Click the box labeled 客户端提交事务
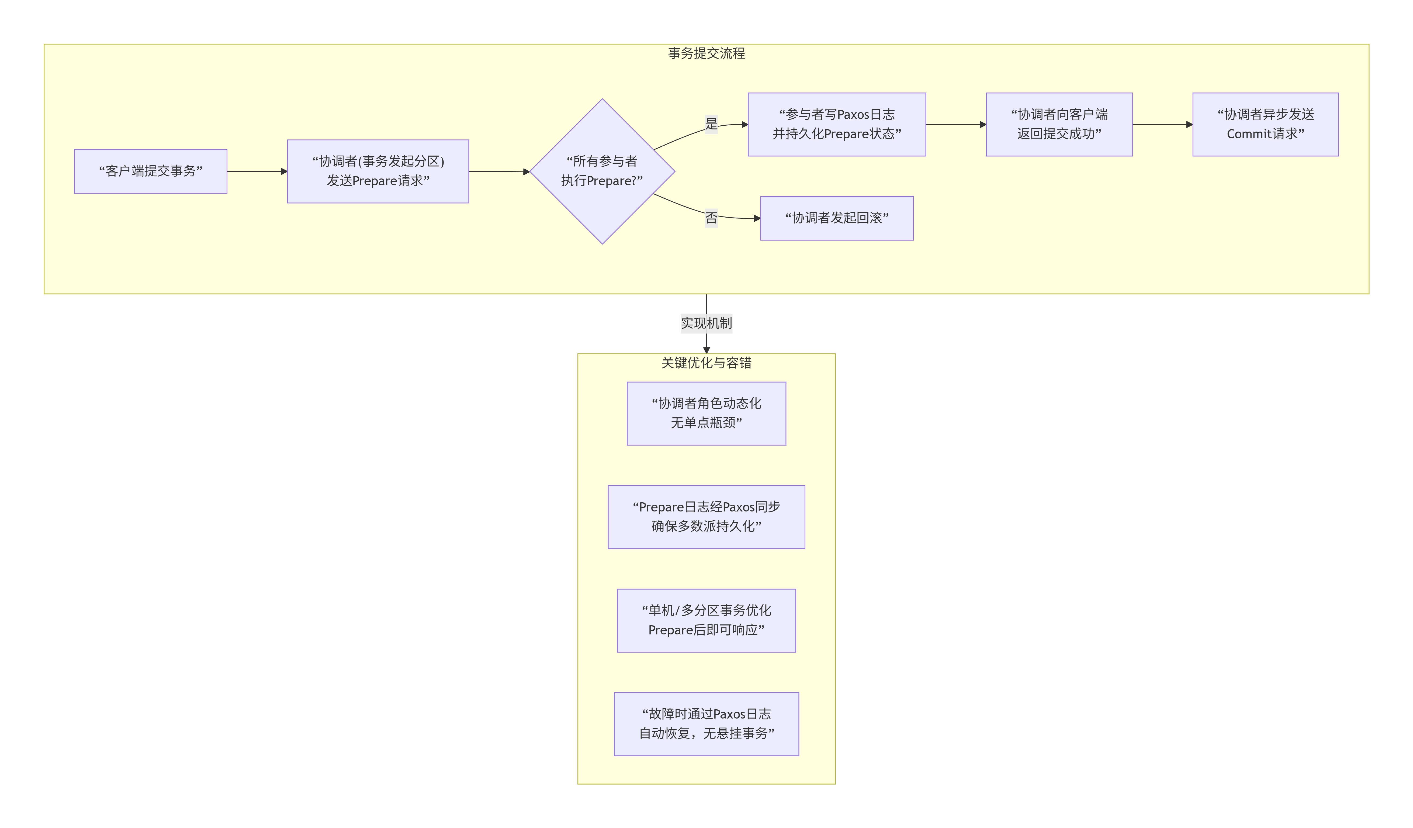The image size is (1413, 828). pyautogui.click(x=150, y=171)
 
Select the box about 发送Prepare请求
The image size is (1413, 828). pyautogui.click(x=378, y=171)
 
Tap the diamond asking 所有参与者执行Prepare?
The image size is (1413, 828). pyautogui.click(x=602, y=171)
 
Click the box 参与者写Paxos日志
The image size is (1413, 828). pyautogui.click(x=837, y=124)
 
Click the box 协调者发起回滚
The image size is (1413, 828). pyautogui.click(x=837, y=218)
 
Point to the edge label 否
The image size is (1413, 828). pyautogui.click(x=711, y=218)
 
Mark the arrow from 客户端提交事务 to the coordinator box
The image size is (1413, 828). pyautogui.click(x=257, y=171)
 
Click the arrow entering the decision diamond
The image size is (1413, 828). pyautogui.click(x=499, y=171)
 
